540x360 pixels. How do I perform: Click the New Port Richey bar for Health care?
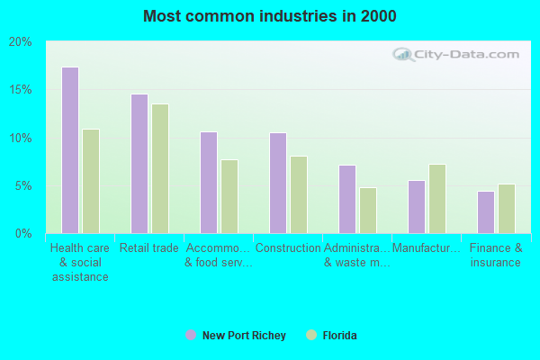click(69, 150)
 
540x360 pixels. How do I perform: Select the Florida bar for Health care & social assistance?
click(91, 181)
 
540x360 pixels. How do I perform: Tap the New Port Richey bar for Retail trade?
click(139, 164)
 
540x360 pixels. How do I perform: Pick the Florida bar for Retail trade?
click(160, 168)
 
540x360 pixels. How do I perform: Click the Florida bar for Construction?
click(299, 194)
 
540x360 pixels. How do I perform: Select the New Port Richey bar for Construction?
click(277, 183)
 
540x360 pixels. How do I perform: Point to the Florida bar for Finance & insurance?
click(507, 209)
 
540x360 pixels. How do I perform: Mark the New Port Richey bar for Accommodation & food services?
click(208, 183)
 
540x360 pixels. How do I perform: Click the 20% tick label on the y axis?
click(21, 42)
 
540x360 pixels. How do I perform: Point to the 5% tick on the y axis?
click(23, 186)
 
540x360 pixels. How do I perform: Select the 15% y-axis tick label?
click(21, 90)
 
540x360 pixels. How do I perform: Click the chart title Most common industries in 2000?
click(269, 16)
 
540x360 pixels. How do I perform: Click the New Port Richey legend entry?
click(236, 336)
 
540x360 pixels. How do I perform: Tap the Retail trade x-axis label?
click(149, 248)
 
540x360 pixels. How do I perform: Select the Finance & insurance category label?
click(495, 256)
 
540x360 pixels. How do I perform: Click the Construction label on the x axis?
click(288, 248)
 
